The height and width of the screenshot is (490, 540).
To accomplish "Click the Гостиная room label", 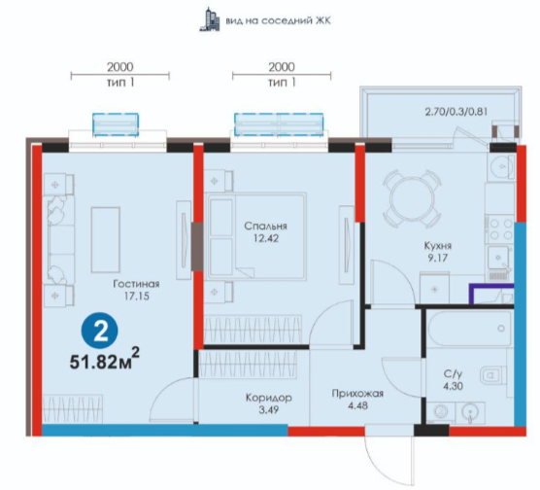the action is (x=136, y=284).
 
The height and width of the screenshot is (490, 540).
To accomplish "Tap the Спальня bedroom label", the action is (x=265, y=227).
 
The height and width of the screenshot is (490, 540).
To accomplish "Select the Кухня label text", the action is (x=437, y=246).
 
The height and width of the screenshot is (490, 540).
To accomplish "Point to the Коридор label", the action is (x=269, y=398).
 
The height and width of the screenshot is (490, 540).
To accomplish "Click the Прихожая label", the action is (x=357, y=394).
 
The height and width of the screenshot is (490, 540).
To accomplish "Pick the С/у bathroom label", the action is (x=453, y=373).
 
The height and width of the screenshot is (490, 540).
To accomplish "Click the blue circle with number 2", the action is (x=99, y=332).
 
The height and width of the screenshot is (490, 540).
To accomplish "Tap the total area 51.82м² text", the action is (x=104, y=360).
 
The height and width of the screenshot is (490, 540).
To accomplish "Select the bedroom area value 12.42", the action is (x=265, y=238).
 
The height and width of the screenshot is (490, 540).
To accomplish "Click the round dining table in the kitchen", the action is (x=412, y=198).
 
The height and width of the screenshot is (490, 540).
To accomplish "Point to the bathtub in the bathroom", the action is (x=469, y=329).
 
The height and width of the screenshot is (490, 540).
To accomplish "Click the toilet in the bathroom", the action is (x=492, y=374).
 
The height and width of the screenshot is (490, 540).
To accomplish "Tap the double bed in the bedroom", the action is (x=255, y=236).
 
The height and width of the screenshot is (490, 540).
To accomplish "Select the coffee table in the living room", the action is (x=106, y=240).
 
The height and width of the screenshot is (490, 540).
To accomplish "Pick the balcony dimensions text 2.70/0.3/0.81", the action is (x=456, y=112).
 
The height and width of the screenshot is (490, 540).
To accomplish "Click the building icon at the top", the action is (x=210, y=19).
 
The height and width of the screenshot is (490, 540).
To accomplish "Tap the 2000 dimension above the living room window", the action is (x=119, y=67).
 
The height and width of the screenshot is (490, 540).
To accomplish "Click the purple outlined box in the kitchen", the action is (x=491, y=295).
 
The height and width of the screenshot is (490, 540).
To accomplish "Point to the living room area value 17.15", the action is (x=136, y=296).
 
